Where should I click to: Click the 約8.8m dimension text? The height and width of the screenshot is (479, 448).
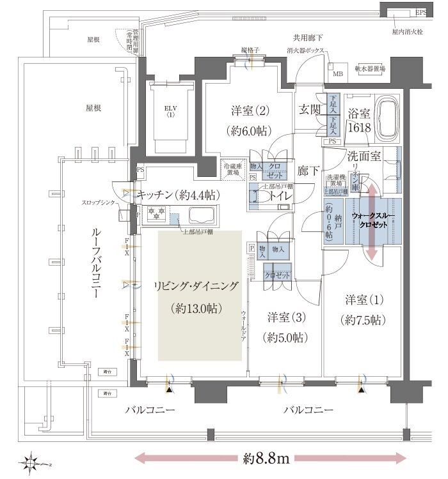pos(269,459)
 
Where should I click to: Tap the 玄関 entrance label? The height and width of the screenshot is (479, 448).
pos(312,109)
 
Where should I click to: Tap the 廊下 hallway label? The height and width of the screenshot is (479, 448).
pos(309,171)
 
